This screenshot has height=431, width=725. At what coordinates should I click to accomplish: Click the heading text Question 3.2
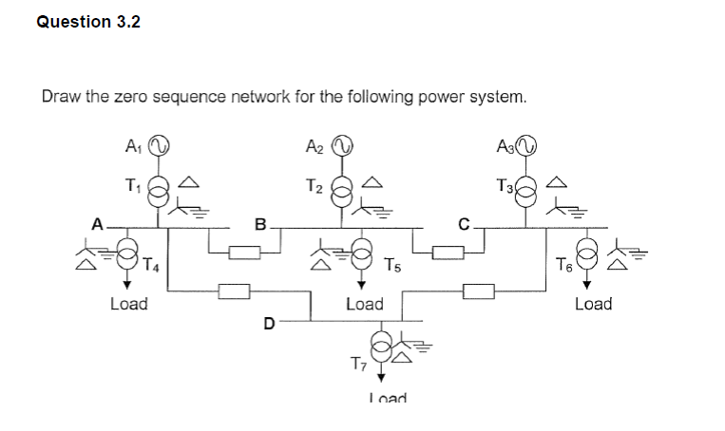pos(87,22)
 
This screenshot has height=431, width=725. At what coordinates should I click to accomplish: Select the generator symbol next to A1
pos(161,145)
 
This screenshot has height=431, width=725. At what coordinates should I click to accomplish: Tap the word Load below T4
pos(128,304)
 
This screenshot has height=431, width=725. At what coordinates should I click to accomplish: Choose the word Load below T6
pos(593,304)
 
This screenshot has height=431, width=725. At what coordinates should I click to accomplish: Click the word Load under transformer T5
pos(364,304)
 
